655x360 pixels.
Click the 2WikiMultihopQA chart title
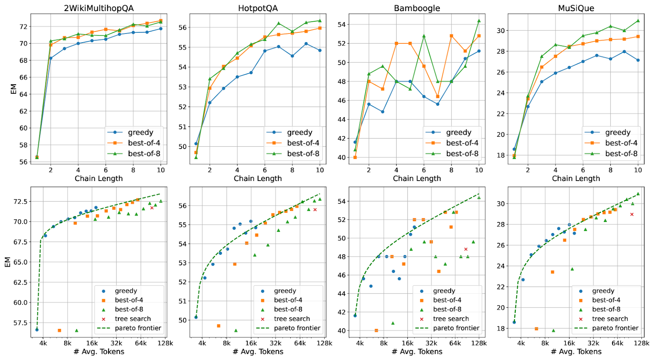pos(99,8)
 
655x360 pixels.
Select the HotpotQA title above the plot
pos(258,8)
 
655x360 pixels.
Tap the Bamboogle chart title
pos(417,8)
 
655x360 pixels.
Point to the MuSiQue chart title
pos(576,8)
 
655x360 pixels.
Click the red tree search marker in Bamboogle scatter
pos(465,249)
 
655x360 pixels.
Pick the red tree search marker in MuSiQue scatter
pos(632,214)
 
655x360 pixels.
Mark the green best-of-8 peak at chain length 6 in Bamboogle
pos(424,36)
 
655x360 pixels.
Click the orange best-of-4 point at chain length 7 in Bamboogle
pos(438,97)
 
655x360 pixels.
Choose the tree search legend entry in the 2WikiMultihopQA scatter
pos(132,319)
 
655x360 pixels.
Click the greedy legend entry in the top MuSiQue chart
pos(617,132)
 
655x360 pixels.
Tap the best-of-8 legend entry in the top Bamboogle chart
pos(462,154)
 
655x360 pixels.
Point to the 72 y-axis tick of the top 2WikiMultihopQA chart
pos(23,27)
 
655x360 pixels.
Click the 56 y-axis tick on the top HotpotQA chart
pos(182,27)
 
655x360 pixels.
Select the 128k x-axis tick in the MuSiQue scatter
pos(641,343)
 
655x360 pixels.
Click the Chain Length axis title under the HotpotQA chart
pos(258,179)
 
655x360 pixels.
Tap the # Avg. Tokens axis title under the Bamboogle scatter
pos(417,352)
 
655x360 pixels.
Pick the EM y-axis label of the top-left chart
pos(14,89)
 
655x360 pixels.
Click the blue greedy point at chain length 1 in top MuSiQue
pos(514,149)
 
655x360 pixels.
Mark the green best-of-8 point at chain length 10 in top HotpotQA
pos(320,20)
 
